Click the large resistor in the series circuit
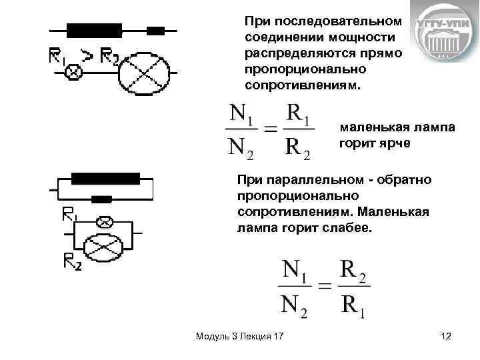point(94,30)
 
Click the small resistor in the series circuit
point(155,31)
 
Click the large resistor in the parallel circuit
point(105,178)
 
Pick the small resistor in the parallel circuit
point(101,199)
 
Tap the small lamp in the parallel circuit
point(105,221)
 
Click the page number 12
point(446,337)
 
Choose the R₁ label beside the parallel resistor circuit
point(69,215)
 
